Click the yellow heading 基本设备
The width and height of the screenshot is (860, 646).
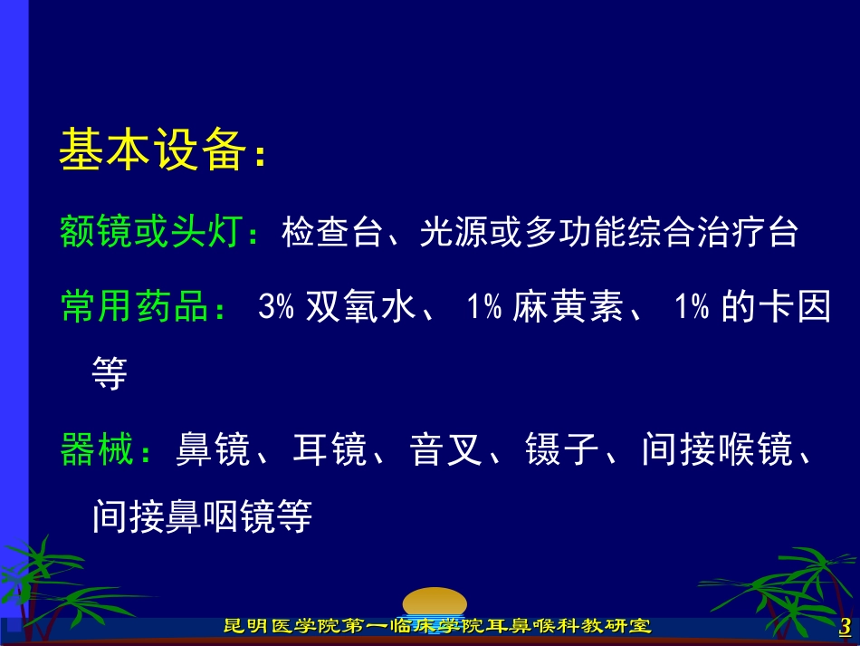(152, 149)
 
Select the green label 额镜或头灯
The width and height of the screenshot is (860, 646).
(151, 231)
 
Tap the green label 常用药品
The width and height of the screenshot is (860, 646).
(134, 305)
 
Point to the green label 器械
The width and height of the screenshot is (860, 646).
(97, 449)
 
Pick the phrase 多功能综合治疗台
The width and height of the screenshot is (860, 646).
(662, 232)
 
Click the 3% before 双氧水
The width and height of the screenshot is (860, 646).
(276, 306)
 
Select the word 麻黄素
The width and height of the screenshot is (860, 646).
(569, 305)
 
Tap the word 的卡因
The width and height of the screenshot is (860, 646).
(776, 305)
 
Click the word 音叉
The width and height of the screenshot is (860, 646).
(446, 449)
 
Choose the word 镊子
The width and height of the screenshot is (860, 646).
(562, 449)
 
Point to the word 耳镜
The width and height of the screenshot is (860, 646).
(330, 449)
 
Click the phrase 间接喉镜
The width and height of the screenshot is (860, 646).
(717, 449)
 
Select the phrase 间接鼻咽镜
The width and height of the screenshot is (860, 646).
(184, 516)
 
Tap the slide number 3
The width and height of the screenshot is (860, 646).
(846, 626)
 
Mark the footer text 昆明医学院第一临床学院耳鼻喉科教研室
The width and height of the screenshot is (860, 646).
(437, 626)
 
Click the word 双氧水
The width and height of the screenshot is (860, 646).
(360, 305)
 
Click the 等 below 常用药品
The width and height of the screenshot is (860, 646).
(110, 373)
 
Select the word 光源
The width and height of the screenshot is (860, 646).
(454, 232)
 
